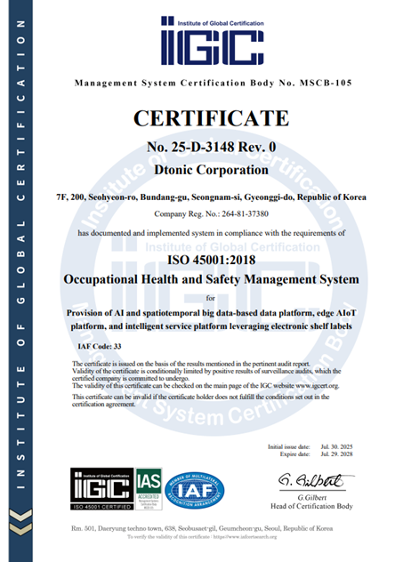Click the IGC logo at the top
point(211,41)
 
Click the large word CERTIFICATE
point(211,118)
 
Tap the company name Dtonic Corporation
point(211,169)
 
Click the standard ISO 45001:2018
point(211,259)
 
